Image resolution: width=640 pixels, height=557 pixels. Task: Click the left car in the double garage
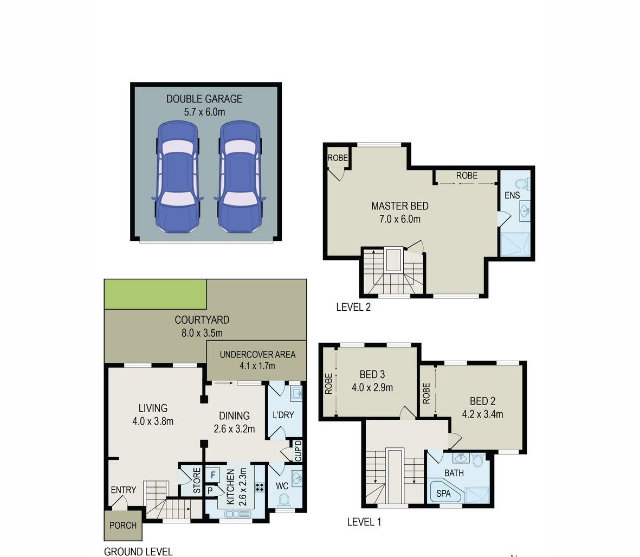point(178,177)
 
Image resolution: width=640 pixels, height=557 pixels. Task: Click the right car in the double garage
point(240,177)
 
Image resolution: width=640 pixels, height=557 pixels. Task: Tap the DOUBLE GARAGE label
point(204,99)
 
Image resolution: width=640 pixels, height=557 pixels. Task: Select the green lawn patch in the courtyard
point(155,294)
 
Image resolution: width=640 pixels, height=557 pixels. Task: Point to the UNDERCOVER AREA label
point(257,355)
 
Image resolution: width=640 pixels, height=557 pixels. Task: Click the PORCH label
point(123,526)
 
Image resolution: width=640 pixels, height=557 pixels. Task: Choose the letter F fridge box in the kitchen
point(212,475)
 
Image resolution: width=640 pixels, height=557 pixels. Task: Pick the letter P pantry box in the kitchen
point(210,490)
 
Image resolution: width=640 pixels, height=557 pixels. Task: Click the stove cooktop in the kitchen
point(260,486)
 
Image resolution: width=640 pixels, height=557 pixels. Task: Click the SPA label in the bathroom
point(443,494)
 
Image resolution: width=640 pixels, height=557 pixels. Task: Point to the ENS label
point(512,196)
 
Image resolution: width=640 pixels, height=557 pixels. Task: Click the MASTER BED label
point(399,206)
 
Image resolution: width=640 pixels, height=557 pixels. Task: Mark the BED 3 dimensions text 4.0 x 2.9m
point(372,388)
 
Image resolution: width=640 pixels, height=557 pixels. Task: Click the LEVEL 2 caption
point(353,307)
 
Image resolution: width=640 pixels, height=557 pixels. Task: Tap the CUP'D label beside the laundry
point(298,451)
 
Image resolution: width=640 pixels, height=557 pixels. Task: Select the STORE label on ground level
point(197,481)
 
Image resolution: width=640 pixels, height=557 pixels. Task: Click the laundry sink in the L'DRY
point(296,394)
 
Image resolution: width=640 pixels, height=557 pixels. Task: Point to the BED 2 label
point(482,401)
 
